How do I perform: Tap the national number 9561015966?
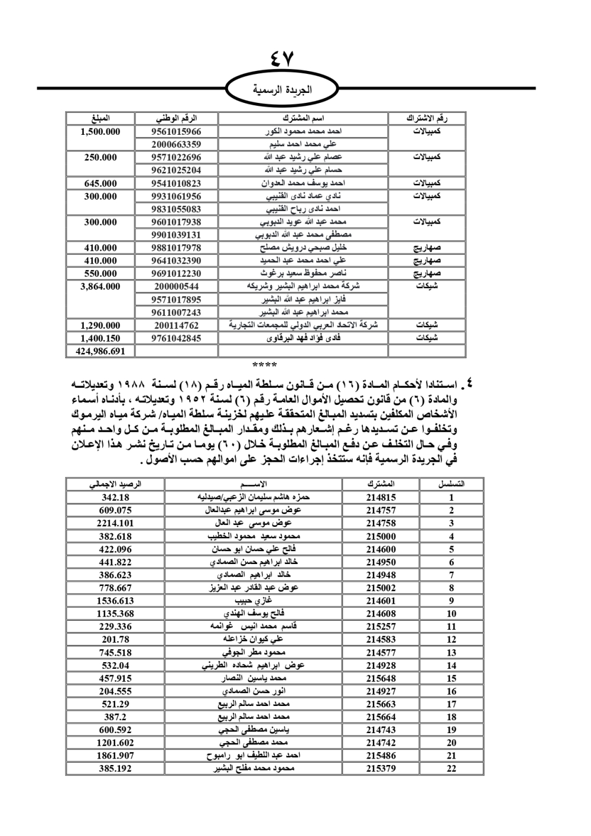pos(176,131)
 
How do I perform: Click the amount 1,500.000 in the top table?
pos(100,131)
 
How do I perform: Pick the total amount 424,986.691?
pos(100,351)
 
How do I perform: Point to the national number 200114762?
pos(176,325)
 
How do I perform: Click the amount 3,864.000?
pos(100,287)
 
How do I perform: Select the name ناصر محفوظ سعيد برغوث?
pos(303,274)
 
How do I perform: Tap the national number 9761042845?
pos(176,338)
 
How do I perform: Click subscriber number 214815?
pos(381,498)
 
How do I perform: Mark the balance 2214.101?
pos(115,523)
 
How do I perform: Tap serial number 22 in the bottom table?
pos(452,769)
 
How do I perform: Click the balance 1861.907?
pos(115,756)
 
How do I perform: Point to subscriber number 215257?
pos(381,627)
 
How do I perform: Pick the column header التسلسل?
pos(452,484)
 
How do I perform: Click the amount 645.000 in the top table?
pos(100,183)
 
